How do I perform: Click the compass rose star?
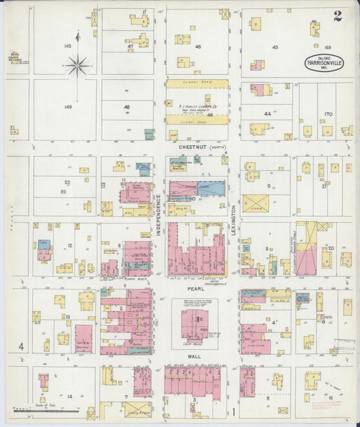[77, 66]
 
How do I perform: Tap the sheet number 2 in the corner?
[337, 16]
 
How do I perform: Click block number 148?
[67, 46]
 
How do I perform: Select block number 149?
[67, 106]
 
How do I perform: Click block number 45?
[198, 47]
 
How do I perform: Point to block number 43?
[275, 47]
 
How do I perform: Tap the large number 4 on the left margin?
[22, 347]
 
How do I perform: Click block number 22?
[67, 182]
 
